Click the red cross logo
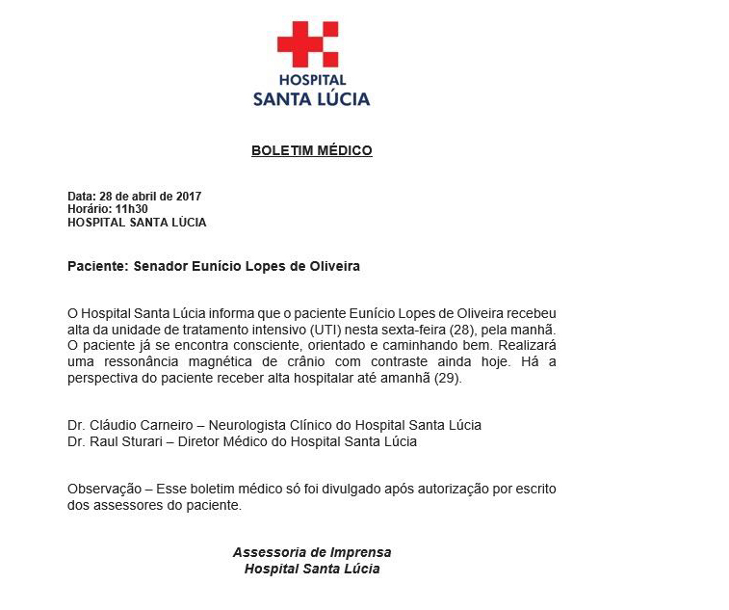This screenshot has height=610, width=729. [x=307, y=43]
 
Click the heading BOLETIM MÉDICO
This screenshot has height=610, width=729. [x=311, y=150]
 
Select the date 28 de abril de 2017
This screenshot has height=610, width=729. [x=150, y=197]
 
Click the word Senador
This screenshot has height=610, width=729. [x=162, y=266]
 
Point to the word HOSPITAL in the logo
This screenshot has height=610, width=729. [x=312, y=81]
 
